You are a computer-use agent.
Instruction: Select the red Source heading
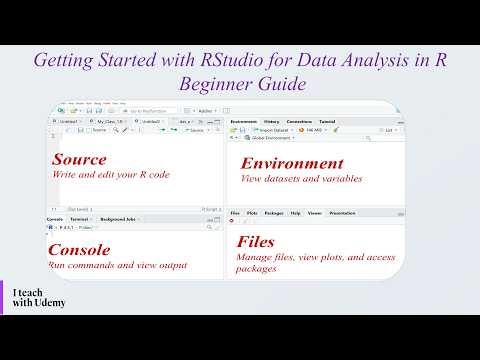[79, 160]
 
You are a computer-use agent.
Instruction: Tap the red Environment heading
[292, 163]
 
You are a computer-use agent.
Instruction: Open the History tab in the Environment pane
[271, 120]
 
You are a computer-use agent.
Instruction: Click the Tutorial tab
[327, 120]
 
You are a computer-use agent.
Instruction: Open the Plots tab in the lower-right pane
[251, 213]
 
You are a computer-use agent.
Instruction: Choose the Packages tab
[273, 213]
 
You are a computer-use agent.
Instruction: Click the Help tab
[295, 213]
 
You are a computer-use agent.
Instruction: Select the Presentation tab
[343, 213]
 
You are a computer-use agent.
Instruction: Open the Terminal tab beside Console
[80, 219]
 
